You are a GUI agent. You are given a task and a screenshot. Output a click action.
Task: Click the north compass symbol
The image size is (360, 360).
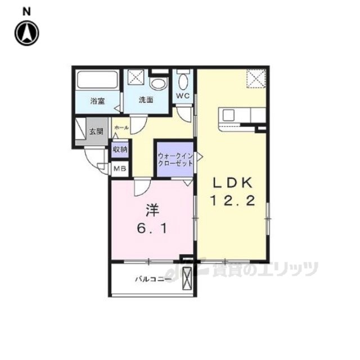click(x=27, y=33)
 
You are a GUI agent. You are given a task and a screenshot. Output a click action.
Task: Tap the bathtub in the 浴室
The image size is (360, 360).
click(x=97, y=80)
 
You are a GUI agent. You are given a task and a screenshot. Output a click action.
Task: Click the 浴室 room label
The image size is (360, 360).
click(x=97, y=101)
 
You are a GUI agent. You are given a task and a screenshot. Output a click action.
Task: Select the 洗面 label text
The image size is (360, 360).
click(x=146, y=100)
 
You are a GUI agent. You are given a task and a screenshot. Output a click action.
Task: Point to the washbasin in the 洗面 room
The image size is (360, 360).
click(x=158, y=83)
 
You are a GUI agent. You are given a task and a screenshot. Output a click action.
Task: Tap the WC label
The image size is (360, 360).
click(x=183, y=96)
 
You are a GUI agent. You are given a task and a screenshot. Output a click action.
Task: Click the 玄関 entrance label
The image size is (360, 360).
click(x=96, y=132)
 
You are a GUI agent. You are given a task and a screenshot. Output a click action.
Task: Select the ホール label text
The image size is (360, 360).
click(x=121, y=128)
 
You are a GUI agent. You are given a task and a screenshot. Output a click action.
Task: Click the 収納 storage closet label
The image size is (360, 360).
click(x=120, y=150)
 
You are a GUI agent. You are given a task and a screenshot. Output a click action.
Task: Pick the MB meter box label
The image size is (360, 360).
click(x=120, y=168)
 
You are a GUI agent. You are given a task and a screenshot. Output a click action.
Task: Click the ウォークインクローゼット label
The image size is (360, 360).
click(x=175, y=160)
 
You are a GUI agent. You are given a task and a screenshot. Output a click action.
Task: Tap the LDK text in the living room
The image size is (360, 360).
click(x=232, y=183)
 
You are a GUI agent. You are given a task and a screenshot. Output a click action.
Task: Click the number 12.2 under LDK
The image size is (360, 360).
click(x=232, y=201)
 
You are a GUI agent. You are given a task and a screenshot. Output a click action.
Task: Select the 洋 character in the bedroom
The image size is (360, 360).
click(x=152, y=210)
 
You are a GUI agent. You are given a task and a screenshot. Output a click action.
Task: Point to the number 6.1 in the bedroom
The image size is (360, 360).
click(x=152, y=229)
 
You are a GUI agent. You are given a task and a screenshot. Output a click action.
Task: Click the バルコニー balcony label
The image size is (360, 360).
click(x=153, y=280)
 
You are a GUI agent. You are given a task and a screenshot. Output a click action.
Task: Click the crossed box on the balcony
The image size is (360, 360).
click(x=187, y=279)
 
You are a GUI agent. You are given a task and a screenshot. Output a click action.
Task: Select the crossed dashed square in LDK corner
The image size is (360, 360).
click(x=256, y=79)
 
